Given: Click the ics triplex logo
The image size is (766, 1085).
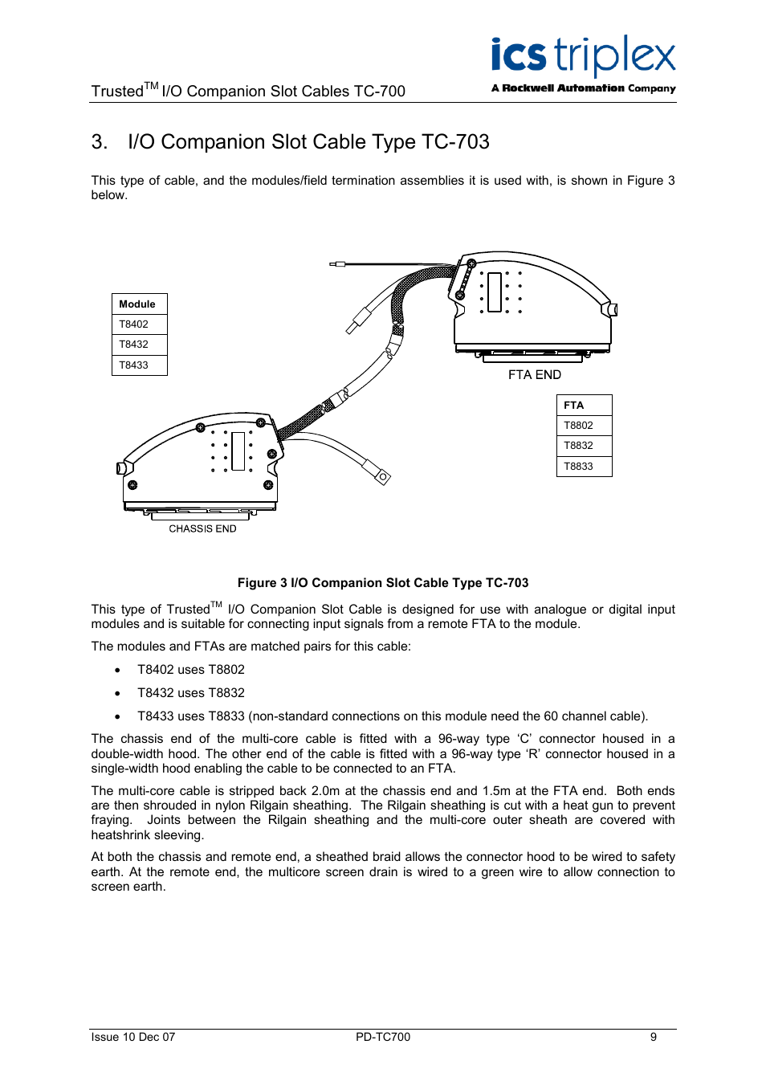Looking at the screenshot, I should [583, 56].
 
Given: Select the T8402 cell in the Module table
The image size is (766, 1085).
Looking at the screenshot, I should [139, 324].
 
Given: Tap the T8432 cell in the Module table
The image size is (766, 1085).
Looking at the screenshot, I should [139, 345].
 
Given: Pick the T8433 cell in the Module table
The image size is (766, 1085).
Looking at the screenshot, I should [139, 365].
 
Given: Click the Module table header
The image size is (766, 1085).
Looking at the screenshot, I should [139, 304].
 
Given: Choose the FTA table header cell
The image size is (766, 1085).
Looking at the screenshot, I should [584, 406].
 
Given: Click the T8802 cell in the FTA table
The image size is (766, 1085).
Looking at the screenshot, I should [584, 426].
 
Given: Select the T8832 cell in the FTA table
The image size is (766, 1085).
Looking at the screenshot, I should [584, 446].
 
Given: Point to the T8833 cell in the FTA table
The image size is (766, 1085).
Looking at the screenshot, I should [584, 467].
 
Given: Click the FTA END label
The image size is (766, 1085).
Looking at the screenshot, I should [535, 375].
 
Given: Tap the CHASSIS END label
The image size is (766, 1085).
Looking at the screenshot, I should [202, 529].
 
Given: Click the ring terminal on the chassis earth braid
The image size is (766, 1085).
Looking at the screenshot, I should [383, 478].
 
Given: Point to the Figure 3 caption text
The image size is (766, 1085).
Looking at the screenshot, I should [383, 583].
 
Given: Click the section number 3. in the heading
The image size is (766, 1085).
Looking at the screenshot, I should [100, 142].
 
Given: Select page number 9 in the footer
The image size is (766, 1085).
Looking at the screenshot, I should [654, 1037].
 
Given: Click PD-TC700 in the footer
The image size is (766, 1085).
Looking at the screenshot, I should [383, 1037].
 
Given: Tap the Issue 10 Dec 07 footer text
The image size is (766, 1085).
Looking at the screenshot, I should [133, 1037].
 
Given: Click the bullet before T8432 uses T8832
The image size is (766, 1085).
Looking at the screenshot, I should [118, 693].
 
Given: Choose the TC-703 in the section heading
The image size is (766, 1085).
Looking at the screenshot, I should [455, 142].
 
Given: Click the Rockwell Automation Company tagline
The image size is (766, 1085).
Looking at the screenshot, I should [584, 88].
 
